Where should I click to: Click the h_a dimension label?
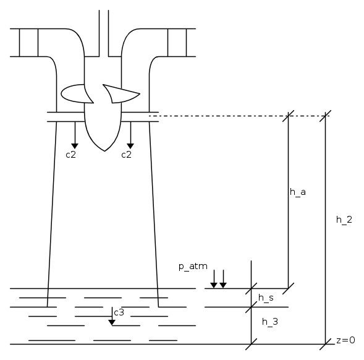pyautogui.click(x=298, y=192)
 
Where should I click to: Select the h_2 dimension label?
pyautogui.click(x=344, y=220)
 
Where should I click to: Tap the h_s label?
pyautogui.click(x=266, y=298)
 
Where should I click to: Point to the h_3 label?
pyautogui.click(x=269, y=322)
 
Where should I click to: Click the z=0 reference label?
pyautogui.click(x=345, y=340)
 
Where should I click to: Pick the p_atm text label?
pyautogui.click(x=193, y=267)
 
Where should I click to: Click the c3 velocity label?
pyautogui.click(x=119, y=312)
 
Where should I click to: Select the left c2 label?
pyautogui.click(x=71, y=155)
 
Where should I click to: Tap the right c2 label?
pyautogui.click(x=127, y=155)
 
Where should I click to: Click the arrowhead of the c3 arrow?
pyautogui.click(x=112, y=323)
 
